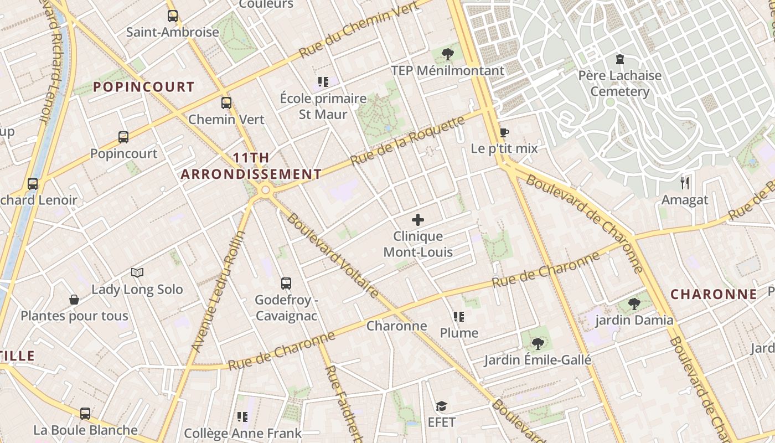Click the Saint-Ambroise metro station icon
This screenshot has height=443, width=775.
tap(173, 16)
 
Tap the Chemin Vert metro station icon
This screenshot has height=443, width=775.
tap(226, 103)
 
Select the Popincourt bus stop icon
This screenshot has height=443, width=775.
tap(123, 137)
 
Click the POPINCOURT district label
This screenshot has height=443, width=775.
tap(143, 87)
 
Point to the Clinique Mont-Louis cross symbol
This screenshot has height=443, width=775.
tap(418, 220)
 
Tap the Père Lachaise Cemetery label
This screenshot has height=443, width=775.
tap(619, 83)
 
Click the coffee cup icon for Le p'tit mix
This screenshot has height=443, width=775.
tap(504, 132)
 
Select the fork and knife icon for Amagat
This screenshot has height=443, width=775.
tap(685, 183)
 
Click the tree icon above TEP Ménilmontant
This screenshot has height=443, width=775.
tap(448, 54)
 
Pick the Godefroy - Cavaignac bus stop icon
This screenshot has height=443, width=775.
tap(286, 284)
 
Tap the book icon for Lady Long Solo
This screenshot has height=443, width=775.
tap(137, 272)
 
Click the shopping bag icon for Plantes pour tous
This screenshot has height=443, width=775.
tap(74, 300)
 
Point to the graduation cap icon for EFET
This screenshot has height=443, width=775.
tap(441, 406)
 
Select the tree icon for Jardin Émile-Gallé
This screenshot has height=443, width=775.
tap(537, 343)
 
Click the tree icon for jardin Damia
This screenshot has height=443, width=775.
tap(634, 303)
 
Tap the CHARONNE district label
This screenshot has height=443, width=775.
tap(714, 294)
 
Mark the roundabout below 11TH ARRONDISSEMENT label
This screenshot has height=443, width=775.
tap(265, 190)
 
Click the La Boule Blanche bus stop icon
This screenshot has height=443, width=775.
tap(85, 413)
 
